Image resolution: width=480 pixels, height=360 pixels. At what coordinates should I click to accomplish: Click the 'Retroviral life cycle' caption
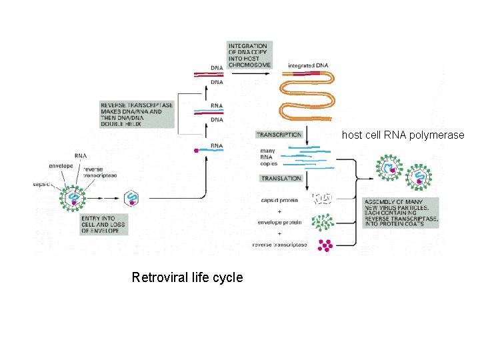pos(187,277)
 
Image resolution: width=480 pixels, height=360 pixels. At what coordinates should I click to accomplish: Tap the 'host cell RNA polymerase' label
pos(403,135)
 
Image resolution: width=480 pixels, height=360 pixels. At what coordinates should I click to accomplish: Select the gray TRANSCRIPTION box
pos(279,135)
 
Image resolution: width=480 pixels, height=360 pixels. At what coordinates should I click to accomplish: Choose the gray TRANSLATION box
pos(281,179)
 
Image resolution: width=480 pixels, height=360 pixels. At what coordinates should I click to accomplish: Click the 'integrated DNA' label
pos(307,65)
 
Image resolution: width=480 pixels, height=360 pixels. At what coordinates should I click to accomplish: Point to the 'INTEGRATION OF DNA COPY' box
pos(249,55)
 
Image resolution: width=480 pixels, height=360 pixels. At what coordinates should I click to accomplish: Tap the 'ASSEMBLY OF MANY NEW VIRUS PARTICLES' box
pos(400,213)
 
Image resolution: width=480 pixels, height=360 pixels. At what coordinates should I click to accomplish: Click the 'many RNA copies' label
pos(268,157)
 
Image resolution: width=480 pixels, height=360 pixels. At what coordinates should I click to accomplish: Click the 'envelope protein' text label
pos(279,221)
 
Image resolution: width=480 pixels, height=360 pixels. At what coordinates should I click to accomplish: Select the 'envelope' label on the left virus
pos(61,165)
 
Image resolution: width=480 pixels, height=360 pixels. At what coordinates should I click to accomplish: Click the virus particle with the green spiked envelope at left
pos(74,199)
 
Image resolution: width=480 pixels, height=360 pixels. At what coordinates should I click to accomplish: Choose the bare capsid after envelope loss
pos(132,197)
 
